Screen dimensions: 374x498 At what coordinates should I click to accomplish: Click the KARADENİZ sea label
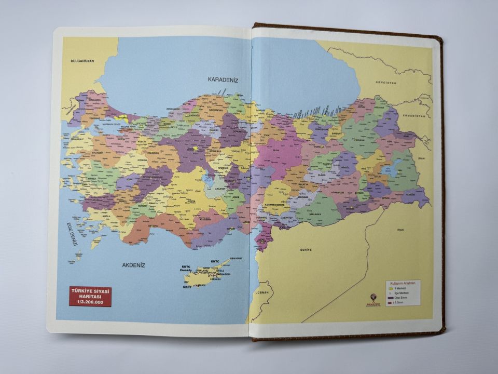pyautogui.click(x=223, y=79)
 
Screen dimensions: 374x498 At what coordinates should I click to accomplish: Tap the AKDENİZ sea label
pyautogui.click(x=133, y=265)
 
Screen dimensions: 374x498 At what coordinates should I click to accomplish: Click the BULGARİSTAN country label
pyautogui.click(x=82, y=61)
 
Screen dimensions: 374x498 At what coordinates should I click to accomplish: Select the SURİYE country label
pyautogui.click(x=306, y=250)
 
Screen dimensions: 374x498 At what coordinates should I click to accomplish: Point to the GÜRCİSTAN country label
pyautogui.click(x=386, y=83)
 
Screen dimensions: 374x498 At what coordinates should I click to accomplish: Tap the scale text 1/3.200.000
pyautogui.click(x=91, y=302)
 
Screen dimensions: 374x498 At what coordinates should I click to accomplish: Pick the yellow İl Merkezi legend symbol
pyautogui.click(x=390, y=288)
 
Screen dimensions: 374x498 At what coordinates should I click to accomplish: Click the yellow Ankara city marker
pyautogui.click(x=195, y=149)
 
